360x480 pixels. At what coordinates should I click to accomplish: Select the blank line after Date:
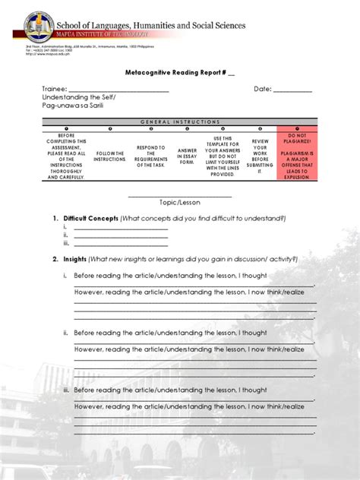[292, 91]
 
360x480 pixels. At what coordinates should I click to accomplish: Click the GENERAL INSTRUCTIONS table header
[180, 122]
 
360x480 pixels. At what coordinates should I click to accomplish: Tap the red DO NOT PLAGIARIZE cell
[298, 155]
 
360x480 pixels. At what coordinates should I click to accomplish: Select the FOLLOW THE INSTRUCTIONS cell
[109, 156]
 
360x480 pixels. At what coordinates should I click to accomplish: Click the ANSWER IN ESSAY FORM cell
[187, 156]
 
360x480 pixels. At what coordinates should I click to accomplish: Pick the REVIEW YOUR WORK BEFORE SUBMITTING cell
[261, 156]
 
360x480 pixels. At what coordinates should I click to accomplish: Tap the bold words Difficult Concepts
[90, 218]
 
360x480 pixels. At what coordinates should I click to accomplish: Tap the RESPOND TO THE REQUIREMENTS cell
[150, 156]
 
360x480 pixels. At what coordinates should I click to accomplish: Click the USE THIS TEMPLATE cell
[223, 156]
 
